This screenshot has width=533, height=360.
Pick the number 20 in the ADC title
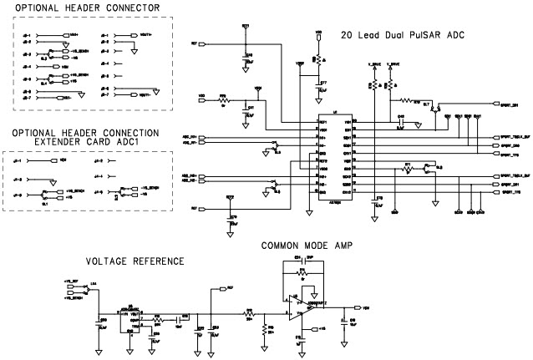coord(348,36)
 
